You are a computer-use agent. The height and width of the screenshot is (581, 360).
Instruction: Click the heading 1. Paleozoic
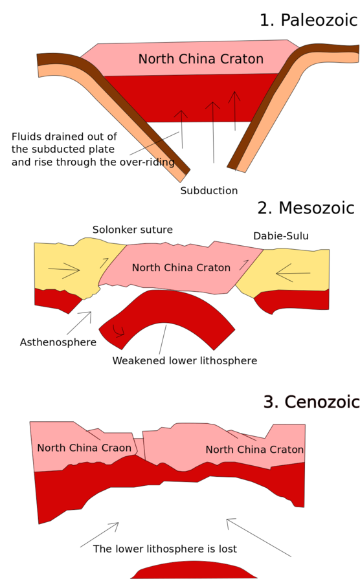click(308, 20)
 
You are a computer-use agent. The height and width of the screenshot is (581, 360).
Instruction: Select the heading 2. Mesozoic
click(306, 208)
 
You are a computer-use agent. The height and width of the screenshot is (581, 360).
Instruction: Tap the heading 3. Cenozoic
click(311, 402)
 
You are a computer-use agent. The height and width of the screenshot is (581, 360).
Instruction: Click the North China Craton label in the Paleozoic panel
click(201, 60)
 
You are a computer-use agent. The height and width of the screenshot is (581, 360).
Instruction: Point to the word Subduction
click(209, 191)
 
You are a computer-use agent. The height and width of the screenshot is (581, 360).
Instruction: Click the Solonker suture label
click(132, 230)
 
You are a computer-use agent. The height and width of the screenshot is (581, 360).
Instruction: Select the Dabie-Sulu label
click(281, 236)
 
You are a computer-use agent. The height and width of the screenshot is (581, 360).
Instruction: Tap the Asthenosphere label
click(58, 342)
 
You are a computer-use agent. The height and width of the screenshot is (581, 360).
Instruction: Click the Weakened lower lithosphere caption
click(185, 361)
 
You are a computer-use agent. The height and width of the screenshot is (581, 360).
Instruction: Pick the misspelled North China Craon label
click(84, 448)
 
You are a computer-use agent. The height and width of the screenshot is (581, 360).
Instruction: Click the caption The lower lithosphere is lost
click(165, 549)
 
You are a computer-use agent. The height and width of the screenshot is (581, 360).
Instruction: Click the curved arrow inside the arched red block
click(118, 331)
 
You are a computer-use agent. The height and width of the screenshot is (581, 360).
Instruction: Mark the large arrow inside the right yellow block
click(293, 274)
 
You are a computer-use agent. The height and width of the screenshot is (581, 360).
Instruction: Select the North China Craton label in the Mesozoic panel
click(181, 268)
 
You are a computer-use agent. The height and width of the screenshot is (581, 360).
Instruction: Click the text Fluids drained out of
click(64, 137)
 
